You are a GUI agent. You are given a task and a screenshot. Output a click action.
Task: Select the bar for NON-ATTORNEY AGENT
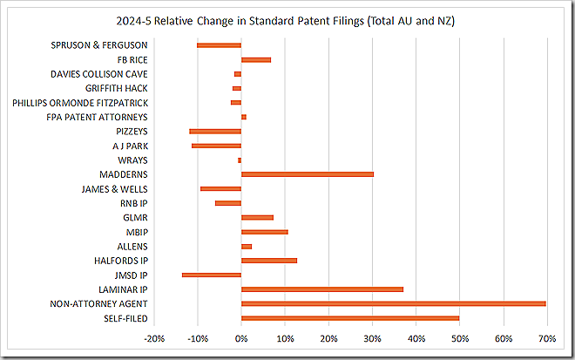click(x=393, y=303)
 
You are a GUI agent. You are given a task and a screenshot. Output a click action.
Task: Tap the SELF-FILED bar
click(x=350, y=317)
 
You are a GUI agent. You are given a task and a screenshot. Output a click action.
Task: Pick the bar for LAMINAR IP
click(x=321, y=289)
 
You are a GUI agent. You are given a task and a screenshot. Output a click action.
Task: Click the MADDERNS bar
click(x=307, y=174)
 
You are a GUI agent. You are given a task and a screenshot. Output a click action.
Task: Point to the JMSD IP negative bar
click(x=212, y=275)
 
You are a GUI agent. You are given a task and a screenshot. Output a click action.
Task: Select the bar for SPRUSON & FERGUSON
click(x=219, y=44)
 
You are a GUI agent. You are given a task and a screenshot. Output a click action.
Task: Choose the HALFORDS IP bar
click(x=268, y=260)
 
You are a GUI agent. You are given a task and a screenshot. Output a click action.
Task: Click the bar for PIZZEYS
click(x=215, y=131)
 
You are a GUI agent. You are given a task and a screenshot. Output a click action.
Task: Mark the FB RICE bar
click(x=255, y=59)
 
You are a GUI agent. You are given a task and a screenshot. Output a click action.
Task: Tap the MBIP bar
click(x=264, y=232)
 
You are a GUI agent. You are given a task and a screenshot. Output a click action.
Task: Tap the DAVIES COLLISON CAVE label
click(x=98, y=73)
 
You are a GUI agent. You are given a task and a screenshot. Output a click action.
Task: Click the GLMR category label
click(x=133, y=217)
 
